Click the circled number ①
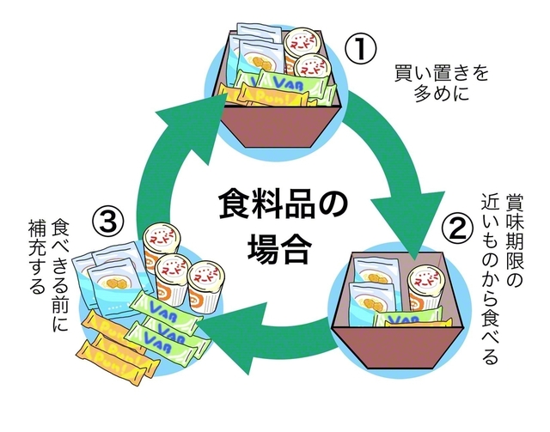(361, 49)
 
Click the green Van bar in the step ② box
(404, 318)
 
